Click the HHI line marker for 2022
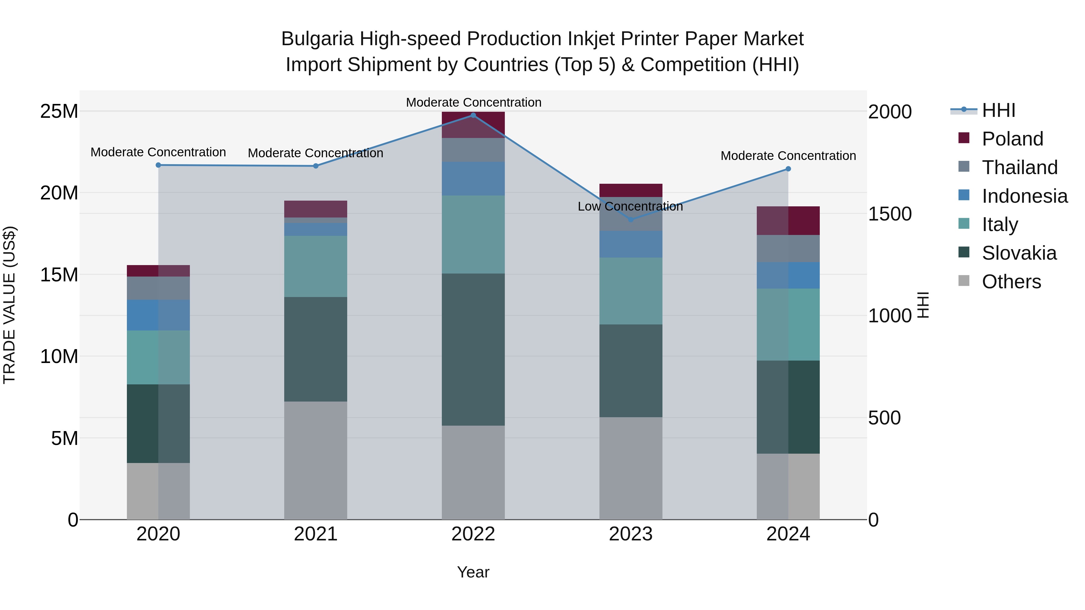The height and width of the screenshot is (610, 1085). tap(473, 115)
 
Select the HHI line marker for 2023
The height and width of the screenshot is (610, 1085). tap(631, 220)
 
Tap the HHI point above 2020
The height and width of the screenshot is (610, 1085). tap(158, 165)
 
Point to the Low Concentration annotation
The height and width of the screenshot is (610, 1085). tap(630, 206)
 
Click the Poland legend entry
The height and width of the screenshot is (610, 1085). tap(1012, 139)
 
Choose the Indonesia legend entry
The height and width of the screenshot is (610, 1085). tap(1024, 196)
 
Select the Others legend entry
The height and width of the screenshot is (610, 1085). tap(1011, 282)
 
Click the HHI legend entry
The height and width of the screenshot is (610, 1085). tap(998, 110)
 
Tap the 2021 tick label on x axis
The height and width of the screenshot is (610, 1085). tap(316, 534)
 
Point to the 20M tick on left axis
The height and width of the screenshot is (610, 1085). tap(59, 193)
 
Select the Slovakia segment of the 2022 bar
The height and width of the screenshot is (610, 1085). tap(473, 349)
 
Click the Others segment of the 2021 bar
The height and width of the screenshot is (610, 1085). tap(316, 460)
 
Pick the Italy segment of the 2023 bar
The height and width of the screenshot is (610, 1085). tap(631, 291)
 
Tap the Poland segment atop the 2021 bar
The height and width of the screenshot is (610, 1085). tap(316, 209)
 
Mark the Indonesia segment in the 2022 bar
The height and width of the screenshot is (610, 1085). tap(473, 179)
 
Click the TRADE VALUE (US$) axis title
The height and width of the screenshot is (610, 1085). tap(9, 305)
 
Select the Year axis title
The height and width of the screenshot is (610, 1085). tap(473, 572)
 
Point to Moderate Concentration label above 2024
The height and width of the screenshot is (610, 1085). tap(788, 156)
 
